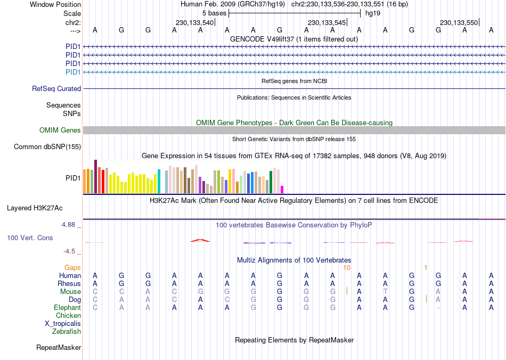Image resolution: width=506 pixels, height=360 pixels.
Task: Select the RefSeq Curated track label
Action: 56,89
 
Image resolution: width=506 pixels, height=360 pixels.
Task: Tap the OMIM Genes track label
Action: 60,130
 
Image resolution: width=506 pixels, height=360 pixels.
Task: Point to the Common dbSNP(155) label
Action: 47,147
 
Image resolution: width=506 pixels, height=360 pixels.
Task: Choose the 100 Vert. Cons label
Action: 30,238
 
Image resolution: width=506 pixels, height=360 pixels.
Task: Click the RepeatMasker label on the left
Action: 59,348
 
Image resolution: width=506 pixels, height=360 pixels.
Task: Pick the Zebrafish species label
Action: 67,332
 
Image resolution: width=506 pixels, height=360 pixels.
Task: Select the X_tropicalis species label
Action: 63,324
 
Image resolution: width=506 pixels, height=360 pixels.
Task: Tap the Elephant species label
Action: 67,308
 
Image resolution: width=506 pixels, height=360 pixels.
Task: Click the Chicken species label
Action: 68,316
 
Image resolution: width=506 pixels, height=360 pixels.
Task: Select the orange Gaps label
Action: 72,267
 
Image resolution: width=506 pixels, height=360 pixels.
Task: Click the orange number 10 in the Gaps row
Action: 347,267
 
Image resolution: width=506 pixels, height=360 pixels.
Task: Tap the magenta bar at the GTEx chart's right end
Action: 282,190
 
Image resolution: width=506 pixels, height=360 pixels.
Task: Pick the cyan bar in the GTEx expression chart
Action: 159,182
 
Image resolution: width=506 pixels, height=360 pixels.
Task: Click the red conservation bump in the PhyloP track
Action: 200,241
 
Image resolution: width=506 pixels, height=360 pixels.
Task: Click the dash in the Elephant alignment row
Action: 438,308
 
